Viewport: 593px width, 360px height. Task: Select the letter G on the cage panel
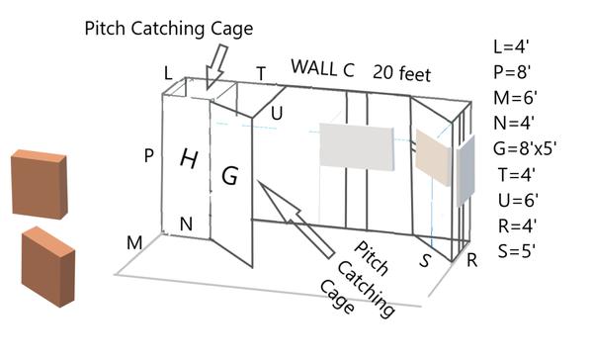(229, 176)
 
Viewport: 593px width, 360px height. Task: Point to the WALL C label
(322, 67)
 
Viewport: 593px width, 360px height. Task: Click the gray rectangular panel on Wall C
(356, 147)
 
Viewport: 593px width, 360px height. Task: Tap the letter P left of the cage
(148, 156)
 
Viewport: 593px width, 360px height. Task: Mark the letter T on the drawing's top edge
(261, 73)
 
